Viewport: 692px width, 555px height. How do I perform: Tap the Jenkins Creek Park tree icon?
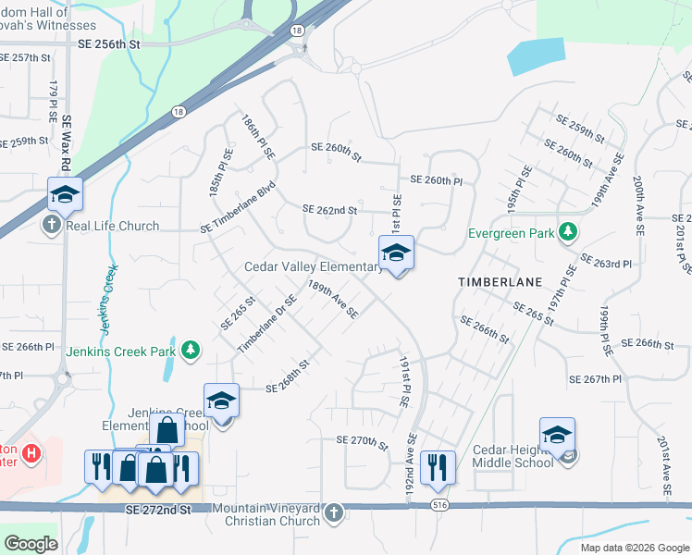[x=190, y=350]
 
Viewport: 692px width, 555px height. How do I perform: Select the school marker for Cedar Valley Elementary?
[x=396, y=253]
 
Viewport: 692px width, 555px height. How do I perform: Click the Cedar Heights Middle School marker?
[x=557, y=436]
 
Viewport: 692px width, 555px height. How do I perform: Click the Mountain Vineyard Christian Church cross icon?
[x=334, y=511]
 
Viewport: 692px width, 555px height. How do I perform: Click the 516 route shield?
[x=439, y=505]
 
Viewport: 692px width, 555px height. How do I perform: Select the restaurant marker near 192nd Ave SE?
[x=436, y=467]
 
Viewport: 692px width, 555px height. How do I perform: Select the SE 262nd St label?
[x=329, y=211]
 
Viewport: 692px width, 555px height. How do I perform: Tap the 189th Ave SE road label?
[x=333, y=300]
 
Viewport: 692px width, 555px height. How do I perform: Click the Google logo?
[x=31, y=543]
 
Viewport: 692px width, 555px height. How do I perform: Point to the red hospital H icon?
[x=32, y=453]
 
